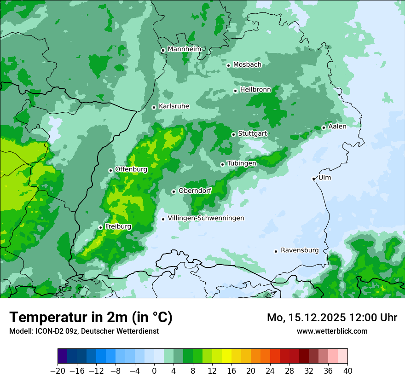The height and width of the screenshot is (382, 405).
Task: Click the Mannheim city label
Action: click(184, 49)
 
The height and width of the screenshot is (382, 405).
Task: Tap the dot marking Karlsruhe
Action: click(154, 107)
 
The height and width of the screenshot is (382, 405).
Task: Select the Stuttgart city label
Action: click(252, 133)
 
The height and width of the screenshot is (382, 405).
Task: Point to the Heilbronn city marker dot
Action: click(235, 91)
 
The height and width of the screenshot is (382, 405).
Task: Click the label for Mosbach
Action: click(247, 64)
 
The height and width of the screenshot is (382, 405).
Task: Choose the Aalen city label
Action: click(337, 126)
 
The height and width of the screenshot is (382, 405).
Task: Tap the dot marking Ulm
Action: click(313, 179)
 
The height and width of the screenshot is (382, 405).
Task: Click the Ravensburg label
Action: click(300, 250)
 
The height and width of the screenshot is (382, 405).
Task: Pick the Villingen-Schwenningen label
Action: click(206, 218)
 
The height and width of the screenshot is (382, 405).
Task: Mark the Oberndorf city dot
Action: click(174, 191)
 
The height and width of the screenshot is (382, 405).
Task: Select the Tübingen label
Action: click(242, 163)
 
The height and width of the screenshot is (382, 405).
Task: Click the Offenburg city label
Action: click(131, 169)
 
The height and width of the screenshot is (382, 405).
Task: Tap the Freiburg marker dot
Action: click(100, 227)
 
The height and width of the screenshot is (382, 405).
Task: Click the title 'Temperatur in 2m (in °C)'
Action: click(91, 317)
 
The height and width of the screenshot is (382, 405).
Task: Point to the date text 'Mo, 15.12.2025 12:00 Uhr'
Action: click(332, 318)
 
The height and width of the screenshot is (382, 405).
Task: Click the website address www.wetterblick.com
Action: click(332, 331)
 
